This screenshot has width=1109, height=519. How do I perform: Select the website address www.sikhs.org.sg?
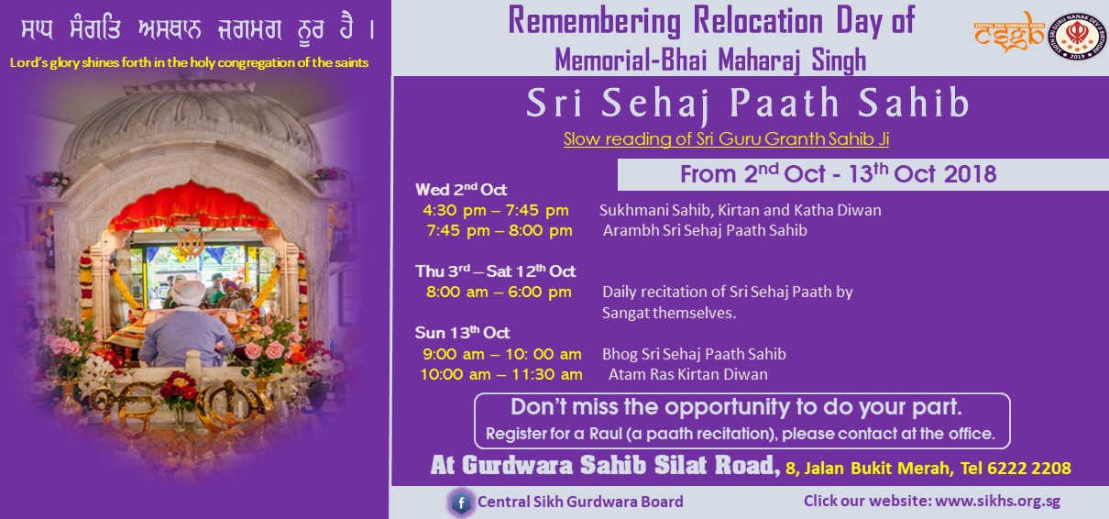[997, 502]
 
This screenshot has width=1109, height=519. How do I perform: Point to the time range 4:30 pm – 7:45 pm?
[496, 211]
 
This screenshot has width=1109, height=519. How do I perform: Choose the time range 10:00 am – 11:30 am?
[501, 374]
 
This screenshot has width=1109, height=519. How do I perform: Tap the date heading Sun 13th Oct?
[463, 332]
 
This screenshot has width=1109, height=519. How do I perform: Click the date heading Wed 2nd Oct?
[461, 189]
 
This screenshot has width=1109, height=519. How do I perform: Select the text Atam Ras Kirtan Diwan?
[687, 374]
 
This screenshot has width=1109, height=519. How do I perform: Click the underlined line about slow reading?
[726, 139]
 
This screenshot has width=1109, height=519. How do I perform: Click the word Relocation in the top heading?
[757, 21]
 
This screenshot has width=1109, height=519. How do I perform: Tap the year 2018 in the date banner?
[970, 174]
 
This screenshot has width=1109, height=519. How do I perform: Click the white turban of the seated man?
[188, 293]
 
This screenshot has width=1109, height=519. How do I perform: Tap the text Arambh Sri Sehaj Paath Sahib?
[705, 231]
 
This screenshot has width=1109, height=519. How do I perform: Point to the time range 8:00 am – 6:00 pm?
[499, 293]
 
